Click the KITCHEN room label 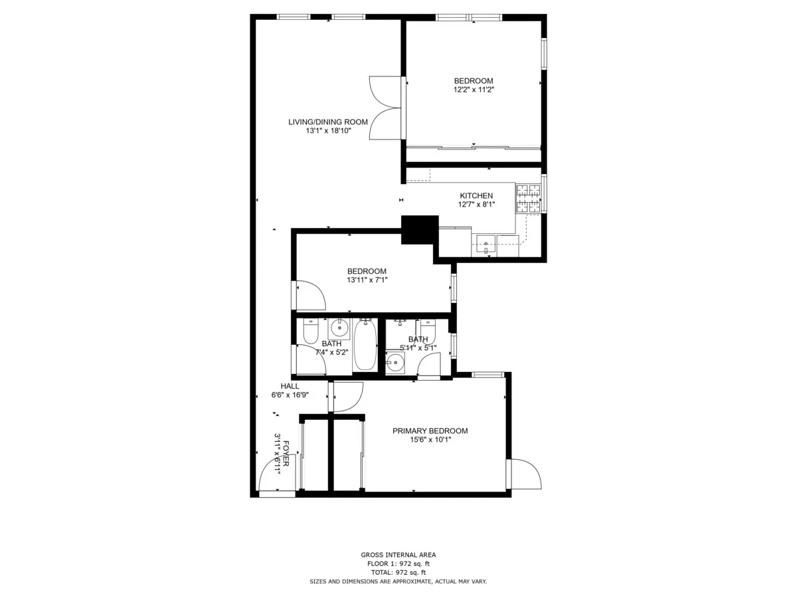pos(476,195)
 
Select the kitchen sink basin pos(486,245)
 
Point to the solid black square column pos(420,230)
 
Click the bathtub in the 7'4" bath pos(365,344)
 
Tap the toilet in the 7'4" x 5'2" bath pos(310,331)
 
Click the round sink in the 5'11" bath pos(396,362)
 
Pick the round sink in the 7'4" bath pos(339,328)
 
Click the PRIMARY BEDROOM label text pos(430,431)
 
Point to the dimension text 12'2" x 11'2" pos(474,90)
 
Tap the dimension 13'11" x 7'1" pos(367,280)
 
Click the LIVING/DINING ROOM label pos(327,122)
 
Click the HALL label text pos(290,386)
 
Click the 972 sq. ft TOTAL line pos(398,572)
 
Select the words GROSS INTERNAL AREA pos(398,555)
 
